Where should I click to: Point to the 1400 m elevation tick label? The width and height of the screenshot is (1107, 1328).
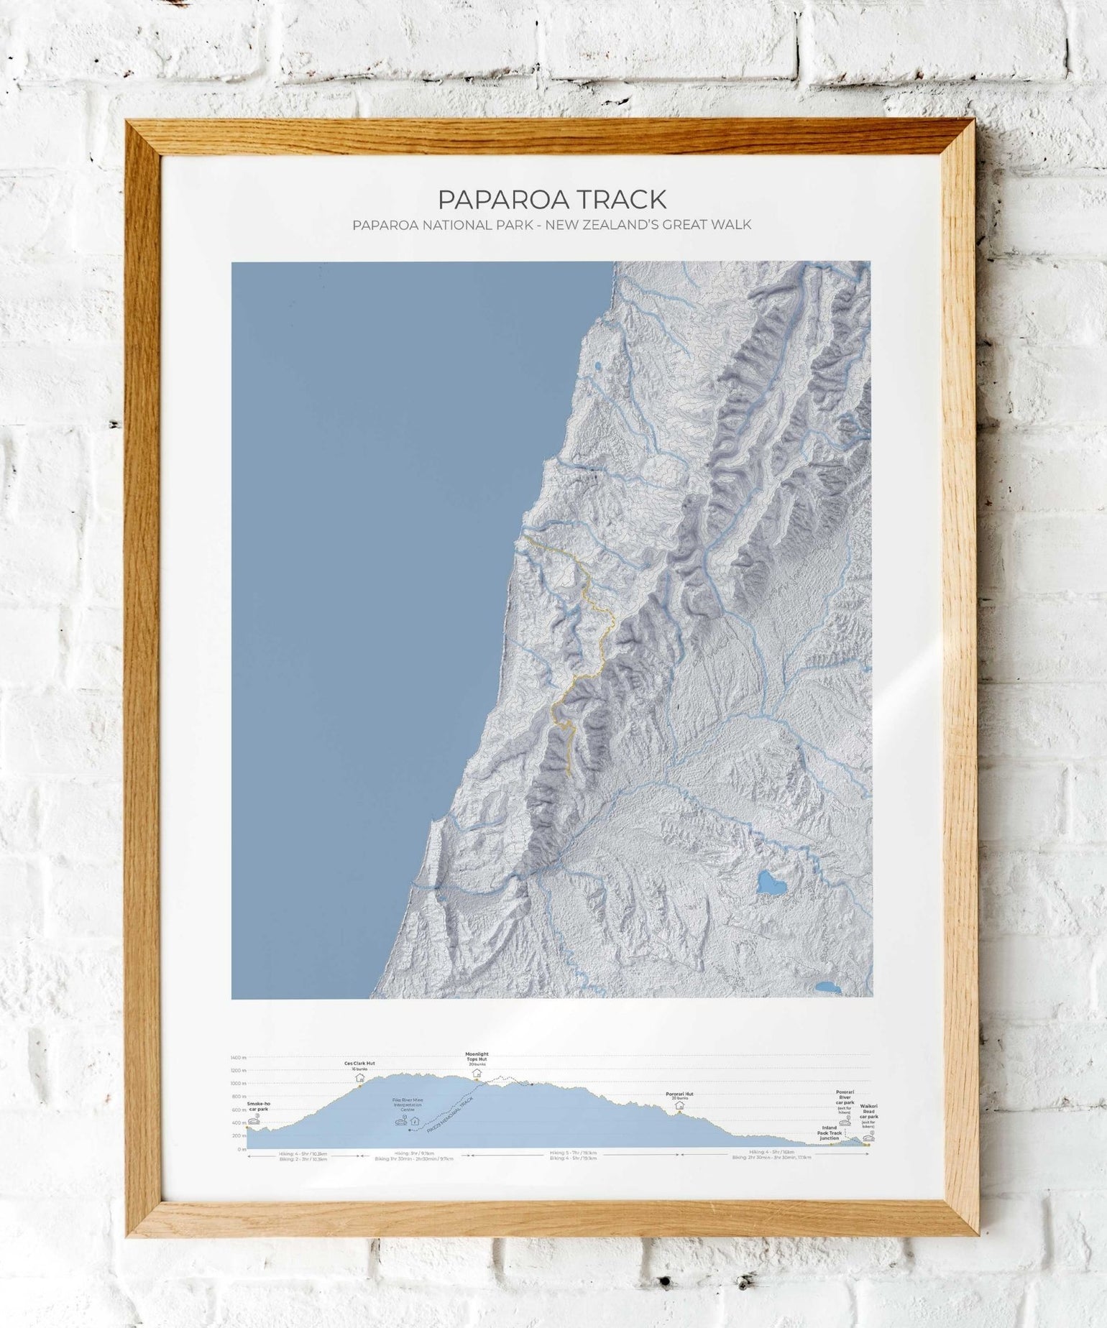pyautogui.click(x=238, y=1058)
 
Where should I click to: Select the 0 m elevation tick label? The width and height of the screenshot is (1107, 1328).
pyautogui.click(x=241, y=1149)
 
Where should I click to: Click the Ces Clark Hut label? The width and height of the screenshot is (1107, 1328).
pyautogui.click(x=359, y=1064)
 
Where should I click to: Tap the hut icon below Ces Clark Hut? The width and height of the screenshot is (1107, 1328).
pyautogui.click(x=359, y=1077)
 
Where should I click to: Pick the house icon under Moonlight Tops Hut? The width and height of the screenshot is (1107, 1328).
pyautogui.click(x=476, y=1073)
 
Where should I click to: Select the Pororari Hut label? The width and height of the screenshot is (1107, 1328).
pyautogui.click(x=679, y=1094)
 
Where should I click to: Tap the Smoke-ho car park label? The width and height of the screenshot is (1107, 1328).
pyautogui.click(x=259, y=1106)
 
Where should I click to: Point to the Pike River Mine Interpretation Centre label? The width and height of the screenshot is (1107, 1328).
pyautogui.click(x=408, y=1105)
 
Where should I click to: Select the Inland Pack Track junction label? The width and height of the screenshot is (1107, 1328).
pyautogui.click(x=829, y=1133)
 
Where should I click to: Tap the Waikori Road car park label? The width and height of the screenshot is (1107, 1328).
pyautogui.click(x=869, y=1110)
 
